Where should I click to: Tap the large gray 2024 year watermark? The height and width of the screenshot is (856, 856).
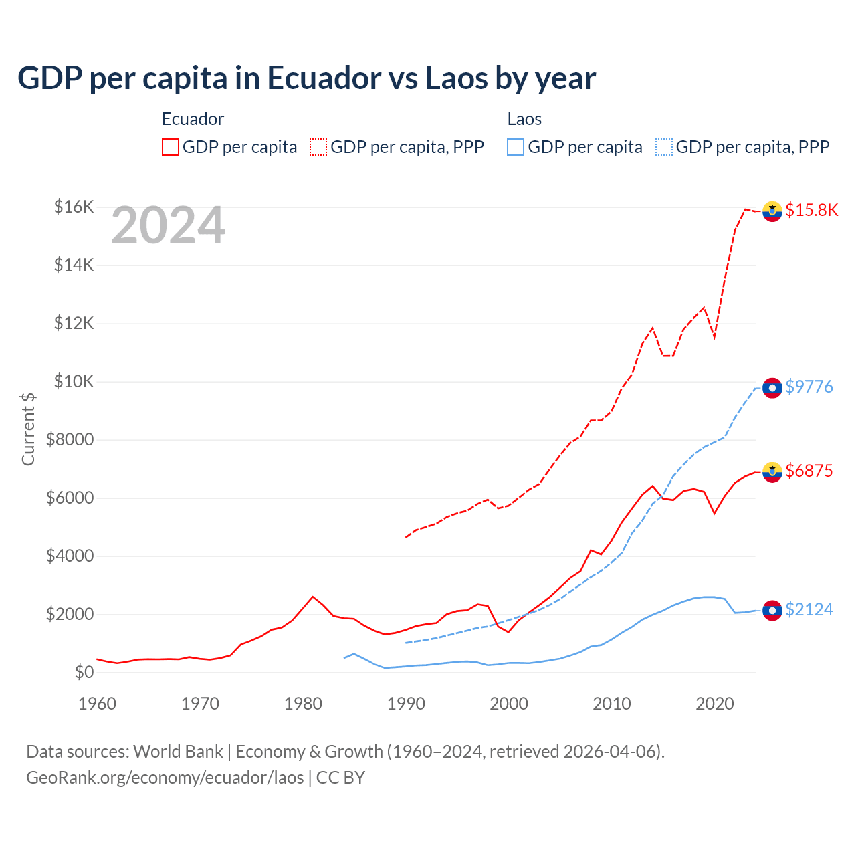tap(168, 226)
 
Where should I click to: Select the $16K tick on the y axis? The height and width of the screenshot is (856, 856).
tap(74, 207)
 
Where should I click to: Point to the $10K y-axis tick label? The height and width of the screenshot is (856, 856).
tap(74, 381)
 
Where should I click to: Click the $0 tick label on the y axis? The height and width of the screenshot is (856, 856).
tap(84, 672)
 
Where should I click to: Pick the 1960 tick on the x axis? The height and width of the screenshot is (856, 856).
tap(98, 704)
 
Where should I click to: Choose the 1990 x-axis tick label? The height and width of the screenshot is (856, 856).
tap(406, 704)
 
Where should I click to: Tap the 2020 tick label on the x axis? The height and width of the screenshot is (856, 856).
tap(715, 704)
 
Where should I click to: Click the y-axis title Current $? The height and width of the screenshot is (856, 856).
tap(28, 429)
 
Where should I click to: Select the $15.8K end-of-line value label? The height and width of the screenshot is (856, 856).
tap(811, 210)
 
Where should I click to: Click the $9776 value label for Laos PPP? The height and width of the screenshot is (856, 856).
tap(809, 387)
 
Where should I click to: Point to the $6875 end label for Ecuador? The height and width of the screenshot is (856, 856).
tap(809, 471)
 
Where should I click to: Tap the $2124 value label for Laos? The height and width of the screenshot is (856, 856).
tap(809, 609)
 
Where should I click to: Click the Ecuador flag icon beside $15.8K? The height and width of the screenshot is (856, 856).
tap(772, 211)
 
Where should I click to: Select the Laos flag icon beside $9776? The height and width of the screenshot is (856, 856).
tap(772, 387)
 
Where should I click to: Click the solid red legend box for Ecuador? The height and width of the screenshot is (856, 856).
tap(171, 147)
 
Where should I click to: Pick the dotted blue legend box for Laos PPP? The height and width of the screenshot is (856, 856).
tap(664, 147)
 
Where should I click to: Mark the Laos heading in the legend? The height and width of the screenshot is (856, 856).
tap(524, 119)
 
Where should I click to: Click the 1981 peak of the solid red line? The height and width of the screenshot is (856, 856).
tap(313, 597)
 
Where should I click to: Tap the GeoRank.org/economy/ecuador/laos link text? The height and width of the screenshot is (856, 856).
tap(165, 778)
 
